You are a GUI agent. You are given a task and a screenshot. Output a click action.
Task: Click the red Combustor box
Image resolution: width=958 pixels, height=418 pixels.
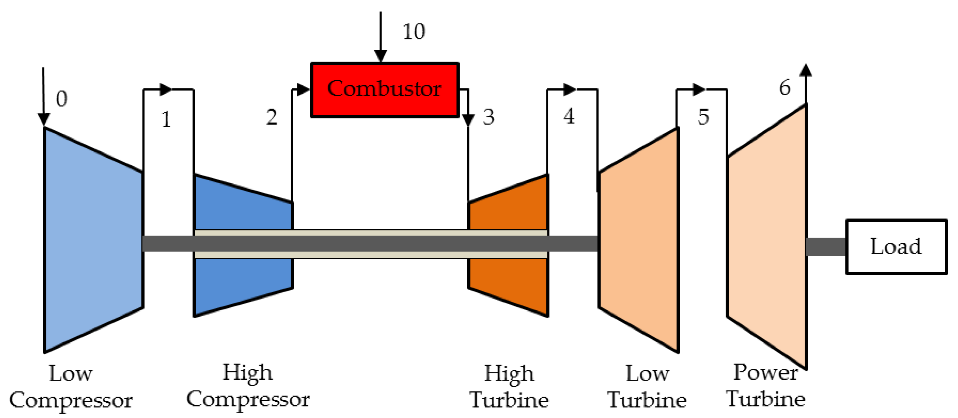tap(385, 90)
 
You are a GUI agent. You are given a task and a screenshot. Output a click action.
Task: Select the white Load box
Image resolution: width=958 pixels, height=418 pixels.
tap(897, 247)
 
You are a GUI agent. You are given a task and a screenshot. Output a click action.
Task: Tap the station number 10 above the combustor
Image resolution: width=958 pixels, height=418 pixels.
tap(414, 31)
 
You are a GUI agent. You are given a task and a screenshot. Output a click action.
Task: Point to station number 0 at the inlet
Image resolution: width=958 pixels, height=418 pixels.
tap(62, 99)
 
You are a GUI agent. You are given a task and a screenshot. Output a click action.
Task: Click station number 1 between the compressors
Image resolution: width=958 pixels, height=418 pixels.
tap(166, 119)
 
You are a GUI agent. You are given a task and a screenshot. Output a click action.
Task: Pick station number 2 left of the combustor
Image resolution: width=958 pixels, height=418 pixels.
tap(272, 117)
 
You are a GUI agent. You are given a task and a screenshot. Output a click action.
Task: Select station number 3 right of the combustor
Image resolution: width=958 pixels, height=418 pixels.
tap(489, 117)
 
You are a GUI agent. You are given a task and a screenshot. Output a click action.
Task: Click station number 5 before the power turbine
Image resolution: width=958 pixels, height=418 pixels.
tap(703, 117)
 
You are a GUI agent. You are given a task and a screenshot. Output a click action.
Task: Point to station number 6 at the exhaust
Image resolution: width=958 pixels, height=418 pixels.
tap(785, 88)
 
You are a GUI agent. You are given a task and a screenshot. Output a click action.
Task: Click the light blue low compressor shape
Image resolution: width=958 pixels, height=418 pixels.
tap(93, 240)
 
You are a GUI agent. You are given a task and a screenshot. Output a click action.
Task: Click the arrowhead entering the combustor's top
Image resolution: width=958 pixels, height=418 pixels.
tap(381, 56)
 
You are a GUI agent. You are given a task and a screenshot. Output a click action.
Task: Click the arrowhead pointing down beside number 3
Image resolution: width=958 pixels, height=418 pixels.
tap(468, 120)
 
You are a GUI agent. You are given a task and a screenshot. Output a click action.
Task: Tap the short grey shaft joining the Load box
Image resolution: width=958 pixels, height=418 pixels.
tap(826, 247)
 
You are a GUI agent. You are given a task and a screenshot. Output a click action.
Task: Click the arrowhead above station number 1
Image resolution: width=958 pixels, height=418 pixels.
tap(166, 90)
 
